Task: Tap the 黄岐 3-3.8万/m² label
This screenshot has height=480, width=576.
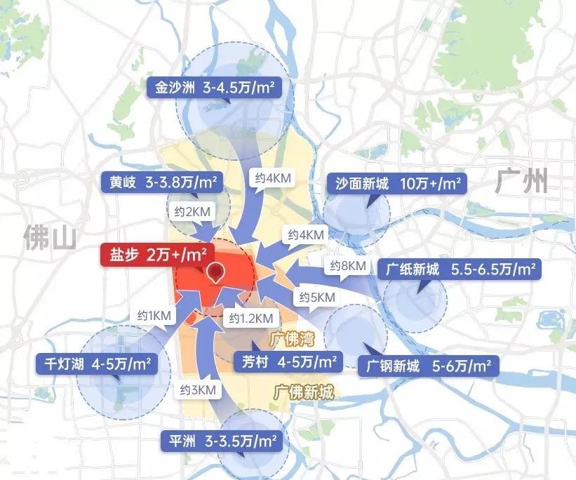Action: (x=162, y=182)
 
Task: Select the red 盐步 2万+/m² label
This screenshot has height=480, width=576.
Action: (x=156, y=254)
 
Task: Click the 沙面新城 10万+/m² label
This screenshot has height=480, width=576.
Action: (x=396, y=184)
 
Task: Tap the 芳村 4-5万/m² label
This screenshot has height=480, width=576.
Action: (x=288, y=362)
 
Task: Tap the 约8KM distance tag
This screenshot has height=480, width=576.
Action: (x=347, y=266)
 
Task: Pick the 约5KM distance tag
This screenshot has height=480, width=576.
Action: (x=317, y=297)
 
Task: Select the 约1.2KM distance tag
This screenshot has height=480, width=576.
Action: (x=250, y=319)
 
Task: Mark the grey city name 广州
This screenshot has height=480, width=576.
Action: (x=521, y=181)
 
